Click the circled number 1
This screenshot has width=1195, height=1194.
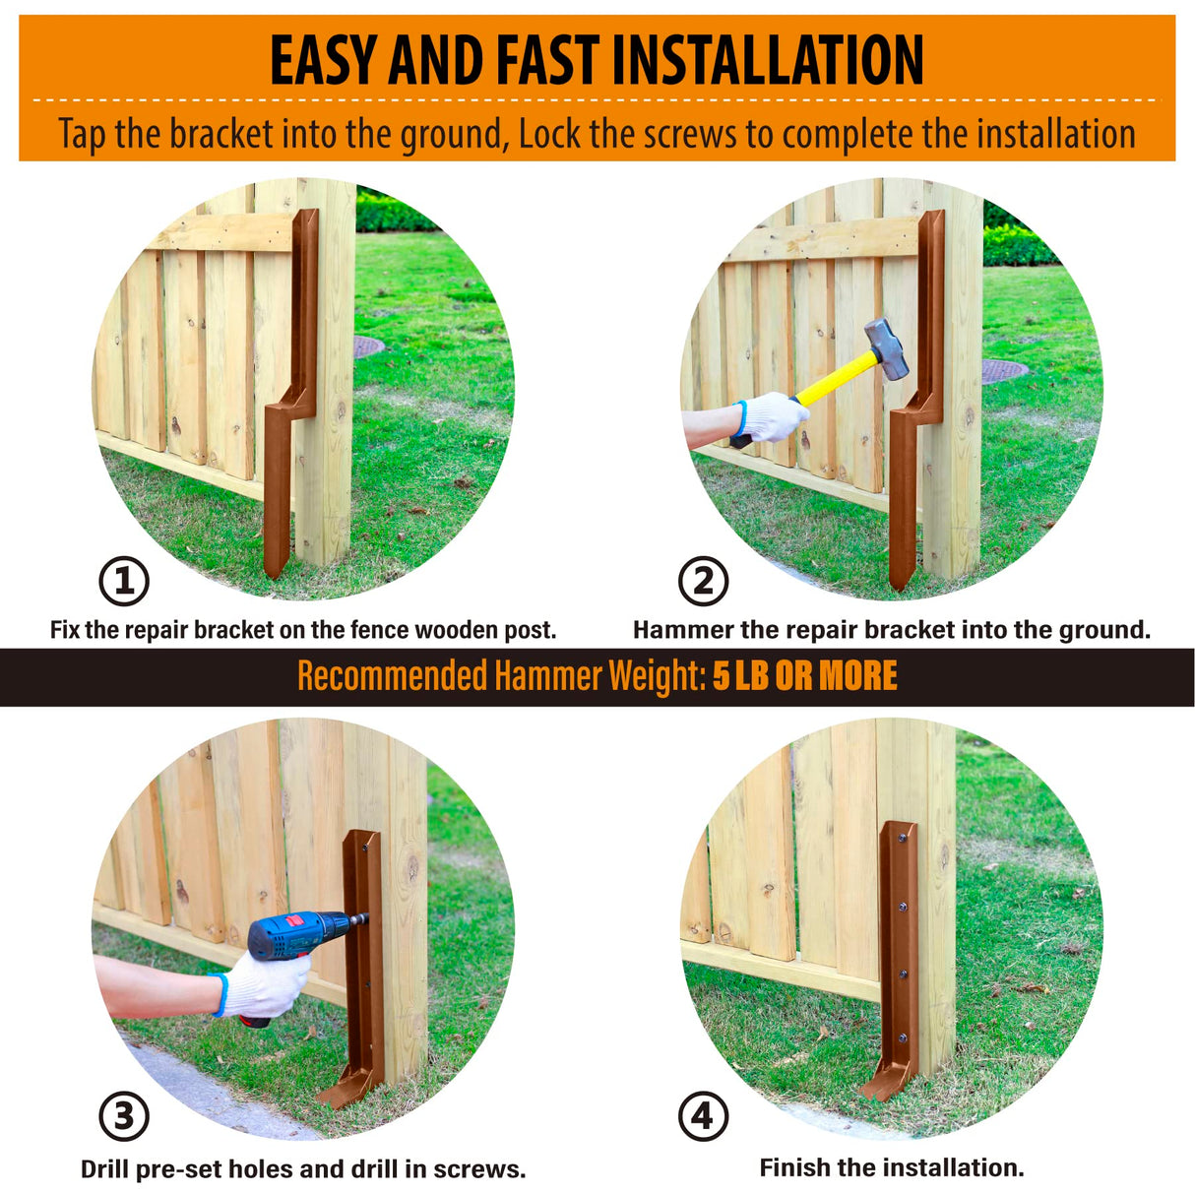point(124,581)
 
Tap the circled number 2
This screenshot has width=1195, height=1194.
point(703,581)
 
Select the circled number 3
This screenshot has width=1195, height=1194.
point(124,1117)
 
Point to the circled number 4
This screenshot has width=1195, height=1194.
point(703,1116)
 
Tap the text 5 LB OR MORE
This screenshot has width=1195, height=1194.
point(804,676)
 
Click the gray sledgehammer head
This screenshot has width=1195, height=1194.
point(887,347)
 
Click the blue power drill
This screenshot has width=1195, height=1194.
point(295,935)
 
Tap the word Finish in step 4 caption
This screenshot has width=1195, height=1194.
point(794,1168)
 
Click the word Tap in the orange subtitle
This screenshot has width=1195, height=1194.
point(82,134)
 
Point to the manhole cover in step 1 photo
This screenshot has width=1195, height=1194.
point(367,346)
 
